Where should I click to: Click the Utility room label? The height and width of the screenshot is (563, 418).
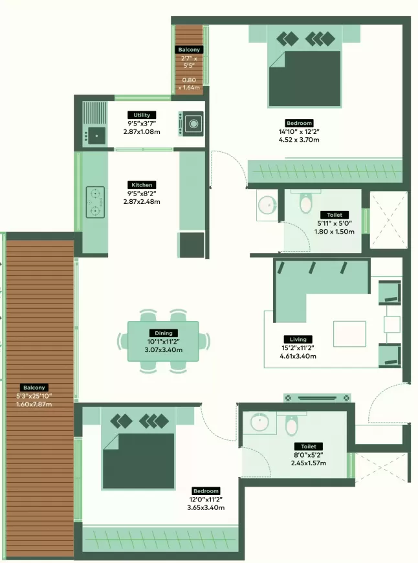coord(142,115)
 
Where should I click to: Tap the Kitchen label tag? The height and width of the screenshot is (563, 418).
coord(142,185)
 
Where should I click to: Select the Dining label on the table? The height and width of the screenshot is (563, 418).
coord(164,333)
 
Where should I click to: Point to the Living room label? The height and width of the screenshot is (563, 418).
coord(298,339)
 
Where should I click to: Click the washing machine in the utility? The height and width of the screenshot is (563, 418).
coord(192,124)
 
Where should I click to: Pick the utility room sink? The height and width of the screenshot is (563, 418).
coord(96,136)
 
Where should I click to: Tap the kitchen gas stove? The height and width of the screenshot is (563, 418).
coord(95,202)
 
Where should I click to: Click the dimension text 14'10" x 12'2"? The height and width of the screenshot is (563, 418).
coord(299,132)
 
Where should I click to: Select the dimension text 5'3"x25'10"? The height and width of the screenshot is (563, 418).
coord(34,396)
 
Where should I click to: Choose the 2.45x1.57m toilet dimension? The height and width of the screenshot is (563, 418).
coord(309,463)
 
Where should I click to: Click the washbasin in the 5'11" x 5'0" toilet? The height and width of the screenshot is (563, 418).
coord(267,204)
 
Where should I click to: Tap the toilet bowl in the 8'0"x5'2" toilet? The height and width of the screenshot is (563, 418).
coord(292,425)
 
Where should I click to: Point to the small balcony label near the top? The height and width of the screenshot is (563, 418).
coord(189,50)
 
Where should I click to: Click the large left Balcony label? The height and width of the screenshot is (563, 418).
coord(34,388)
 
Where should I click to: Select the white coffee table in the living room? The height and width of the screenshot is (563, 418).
coord(349,334)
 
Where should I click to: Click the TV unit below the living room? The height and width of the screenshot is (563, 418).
coord(317,398)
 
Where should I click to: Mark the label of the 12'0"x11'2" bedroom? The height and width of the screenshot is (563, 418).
coord(206,491)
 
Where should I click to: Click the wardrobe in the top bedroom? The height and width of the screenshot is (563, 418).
coord(325,171)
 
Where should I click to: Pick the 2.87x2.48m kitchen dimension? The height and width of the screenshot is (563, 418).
coord(142,201)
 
